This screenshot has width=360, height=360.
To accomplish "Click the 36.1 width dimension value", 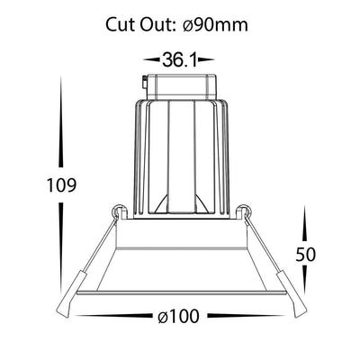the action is (180, 59).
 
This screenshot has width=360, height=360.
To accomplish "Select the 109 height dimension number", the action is (61, 185).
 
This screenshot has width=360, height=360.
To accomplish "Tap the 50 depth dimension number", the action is (306, 255).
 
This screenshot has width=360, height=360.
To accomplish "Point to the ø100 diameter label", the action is (178, 316).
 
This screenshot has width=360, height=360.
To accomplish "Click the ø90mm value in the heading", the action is (215, 24).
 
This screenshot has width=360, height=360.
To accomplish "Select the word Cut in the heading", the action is (121, 24).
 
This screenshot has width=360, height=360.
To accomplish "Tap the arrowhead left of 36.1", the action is (151, 59).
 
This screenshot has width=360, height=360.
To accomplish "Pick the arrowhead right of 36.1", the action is (206, 59).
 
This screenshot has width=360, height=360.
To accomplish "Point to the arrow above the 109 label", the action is (61, 121).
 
